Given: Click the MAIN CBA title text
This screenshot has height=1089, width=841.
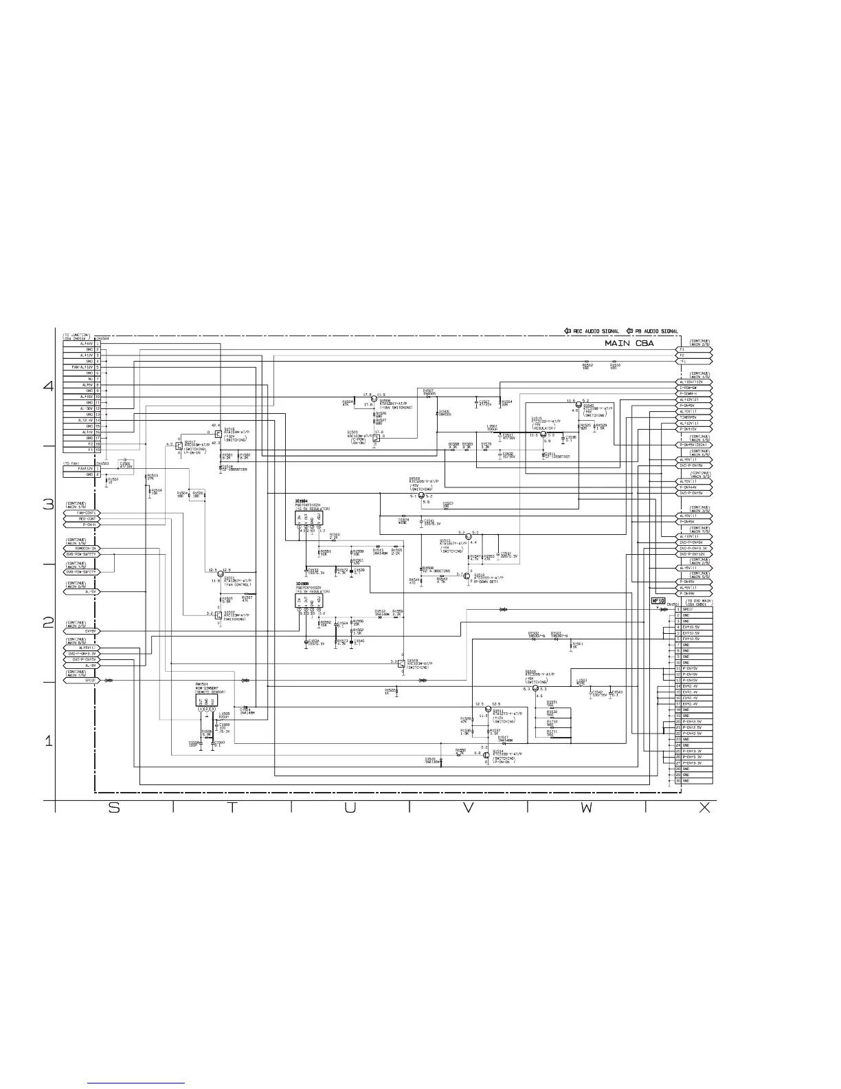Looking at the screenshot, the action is coord(629,342).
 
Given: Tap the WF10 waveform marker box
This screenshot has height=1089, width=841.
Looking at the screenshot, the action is coord(658,601).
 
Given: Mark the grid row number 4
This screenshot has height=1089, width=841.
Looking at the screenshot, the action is coord(48,386).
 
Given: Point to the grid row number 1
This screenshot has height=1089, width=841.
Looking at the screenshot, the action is coord(48,742).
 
